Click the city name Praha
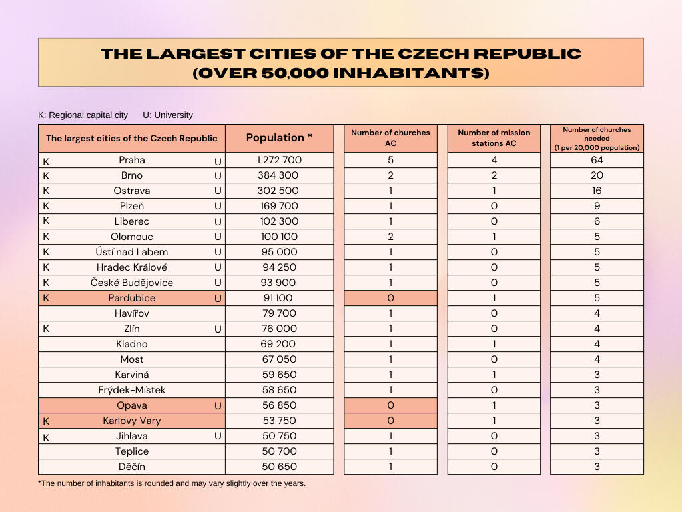132,160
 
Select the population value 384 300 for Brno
278,175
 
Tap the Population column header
279,138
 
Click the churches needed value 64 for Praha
597,160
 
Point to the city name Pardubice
132,298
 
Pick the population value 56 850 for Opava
278,405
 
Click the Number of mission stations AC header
493,138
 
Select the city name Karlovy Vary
132,421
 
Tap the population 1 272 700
279,160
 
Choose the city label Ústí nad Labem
132,252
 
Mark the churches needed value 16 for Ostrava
597,191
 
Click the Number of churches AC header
390,138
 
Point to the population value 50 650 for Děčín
278,467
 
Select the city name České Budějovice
132,283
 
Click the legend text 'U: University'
168,115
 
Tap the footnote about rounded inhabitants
172,483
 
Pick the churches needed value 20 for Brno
597,175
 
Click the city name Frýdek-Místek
132,390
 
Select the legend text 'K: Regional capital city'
83,115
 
